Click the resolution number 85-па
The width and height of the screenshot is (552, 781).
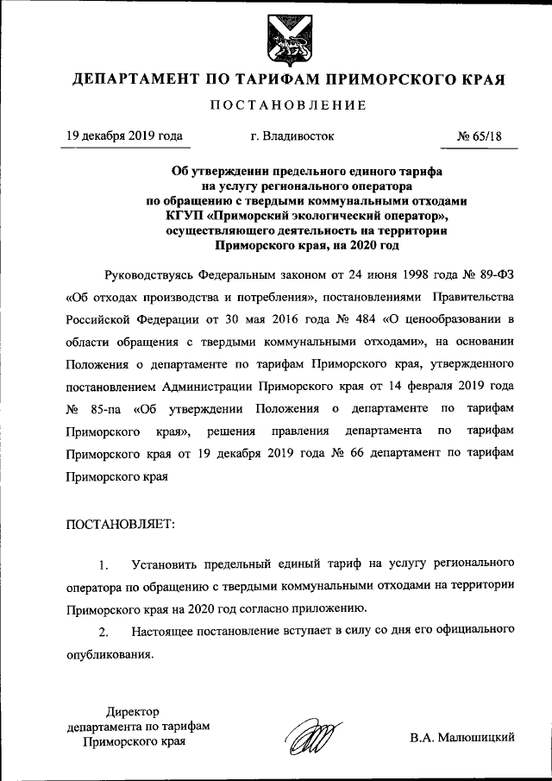105,408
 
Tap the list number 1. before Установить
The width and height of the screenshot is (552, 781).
103,565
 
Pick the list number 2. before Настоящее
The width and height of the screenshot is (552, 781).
103,633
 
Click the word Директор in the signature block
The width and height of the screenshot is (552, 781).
133,711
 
